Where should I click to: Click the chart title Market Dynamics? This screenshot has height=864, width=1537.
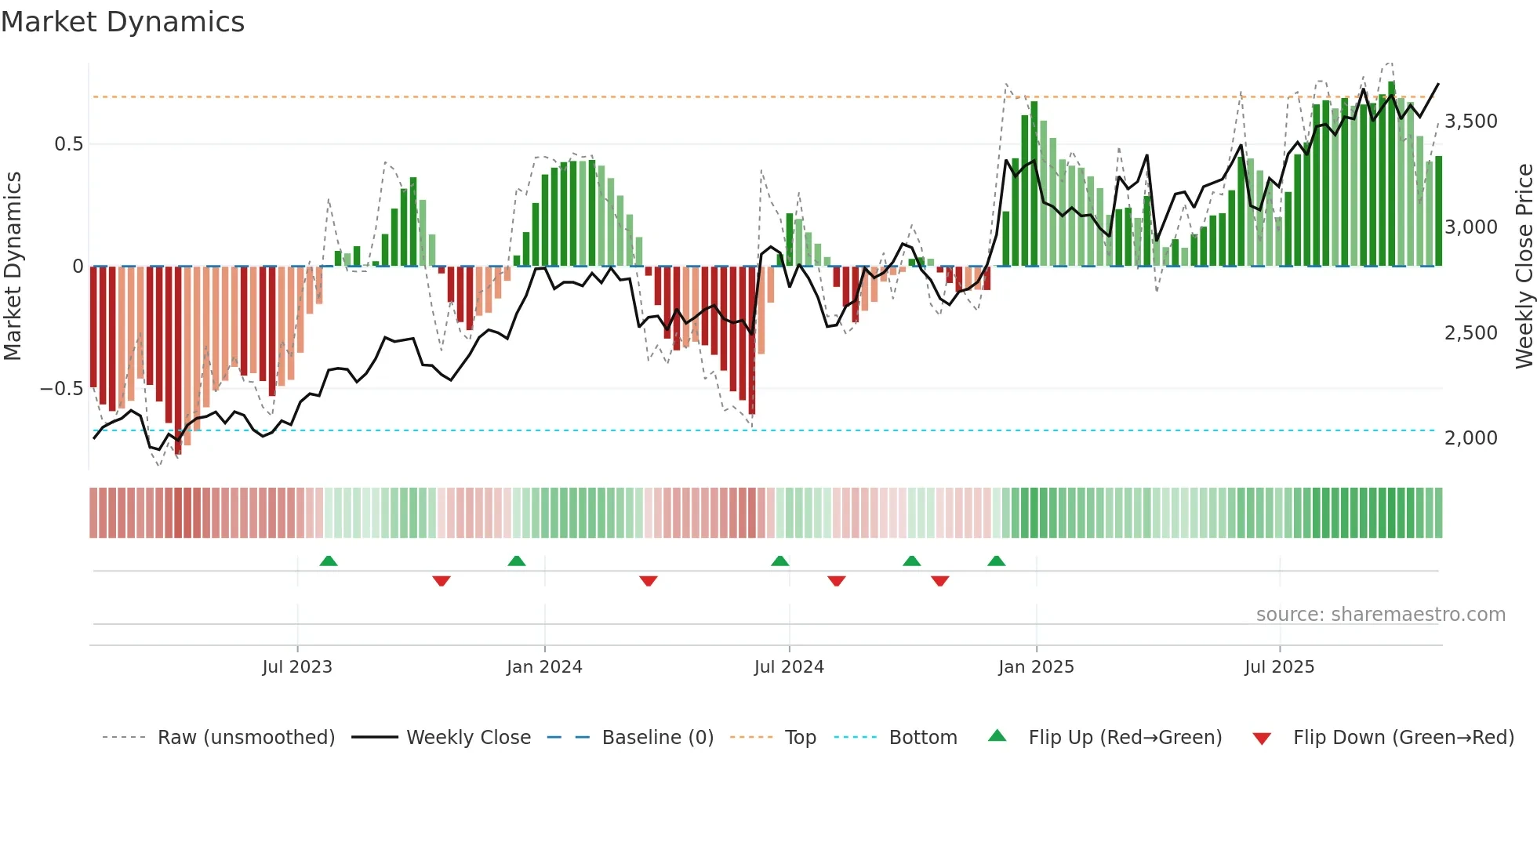[x=122, y=22]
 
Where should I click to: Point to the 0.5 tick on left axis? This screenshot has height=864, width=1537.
[x=68, y=144]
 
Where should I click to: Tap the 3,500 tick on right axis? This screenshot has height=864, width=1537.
[x=1470, y=122]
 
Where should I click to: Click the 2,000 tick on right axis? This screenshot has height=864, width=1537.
[x=1470, y=438]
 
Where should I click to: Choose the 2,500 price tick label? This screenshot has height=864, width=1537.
[x=1470, y=333]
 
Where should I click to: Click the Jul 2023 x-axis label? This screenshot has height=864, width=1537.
[x=297, y=667]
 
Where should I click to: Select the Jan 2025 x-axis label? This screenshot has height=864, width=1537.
[x=1036, y=667]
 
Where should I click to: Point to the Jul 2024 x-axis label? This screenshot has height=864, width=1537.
[x=789, y=667]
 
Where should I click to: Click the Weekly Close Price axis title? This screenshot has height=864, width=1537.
[x=1524, y=267]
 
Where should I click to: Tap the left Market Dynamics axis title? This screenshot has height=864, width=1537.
[x=13, y=267]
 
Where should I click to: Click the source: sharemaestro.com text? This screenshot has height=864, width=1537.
[x=1380, y=615]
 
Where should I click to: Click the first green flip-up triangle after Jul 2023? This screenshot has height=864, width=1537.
[x=329, y=561]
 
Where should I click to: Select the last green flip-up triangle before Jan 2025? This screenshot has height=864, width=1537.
[x=996, y=561]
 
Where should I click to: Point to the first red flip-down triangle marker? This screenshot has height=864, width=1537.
[x=441, y=580]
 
